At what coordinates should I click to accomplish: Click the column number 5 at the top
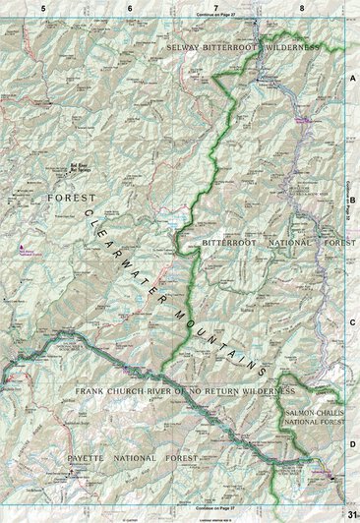pyautogui.click(x=44, y=8)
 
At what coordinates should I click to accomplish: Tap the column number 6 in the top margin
pyautogui.click(x=130, y=8)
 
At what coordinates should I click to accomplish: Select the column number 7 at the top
pyautogui.click(x=215, y=8)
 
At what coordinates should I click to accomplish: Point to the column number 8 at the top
pyautogui.click(x=302, y=8)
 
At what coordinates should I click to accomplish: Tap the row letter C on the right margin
pyautogui.click(x=351, y=320)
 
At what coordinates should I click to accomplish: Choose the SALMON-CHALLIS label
pyautogui.click(x=315, y=414)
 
